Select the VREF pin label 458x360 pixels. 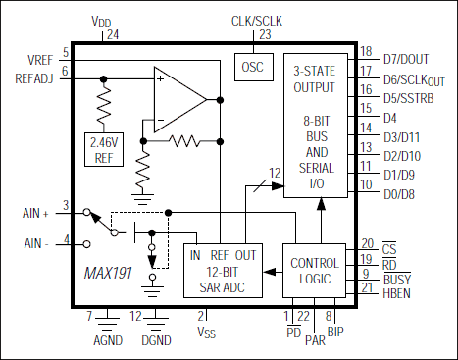40,60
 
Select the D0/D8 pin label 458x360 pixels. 401,184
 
